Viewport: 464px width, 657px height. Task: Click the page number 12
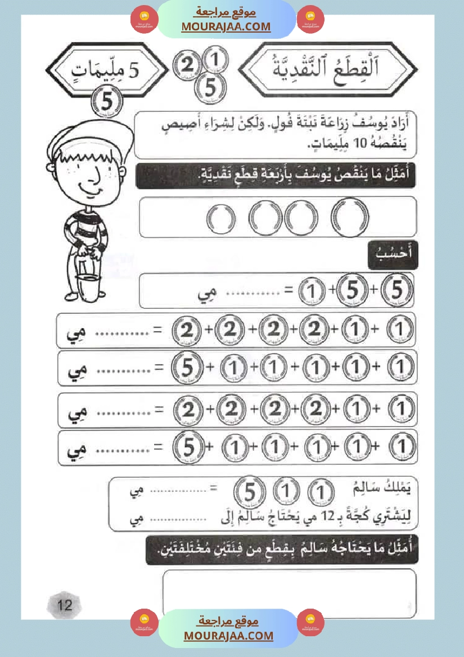65,605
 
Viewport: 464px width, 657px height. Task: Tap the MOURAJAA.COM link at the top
226,26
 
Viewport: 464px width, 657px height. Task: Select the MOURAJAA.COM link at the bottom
228,636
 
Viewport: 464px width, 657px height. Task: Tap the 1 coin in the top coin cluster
219,58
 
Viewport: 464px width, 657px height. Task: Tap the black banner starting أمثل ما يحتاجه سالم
281,549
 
